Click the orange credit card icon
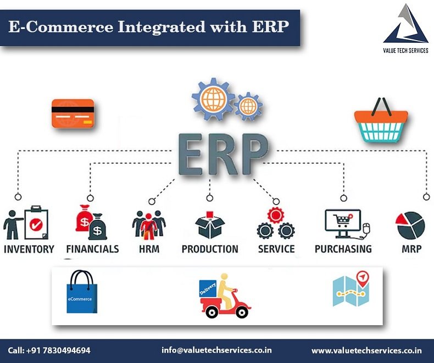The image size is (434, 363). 73,114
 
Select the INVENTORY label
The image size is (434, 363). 29,249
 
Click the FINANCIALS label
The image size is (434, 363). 92,249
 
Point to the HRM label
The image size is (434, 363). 149,249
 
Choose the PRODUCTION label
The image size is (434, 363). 210,249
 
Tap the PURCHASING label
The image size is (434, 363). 343,249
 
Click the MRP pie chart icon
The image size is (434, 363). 410,225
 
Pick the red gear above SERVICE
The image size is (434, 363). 275,215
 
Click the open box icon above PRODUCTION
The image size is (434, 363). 210,225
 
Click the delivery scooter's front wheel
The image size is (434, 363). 242,313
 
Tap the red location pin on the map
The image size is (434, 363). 363,277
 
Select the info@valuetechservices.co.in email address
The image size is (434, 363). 216,350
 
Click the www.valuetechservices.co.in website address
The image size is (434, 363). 367,350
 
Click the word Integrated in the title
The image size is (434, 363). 162,27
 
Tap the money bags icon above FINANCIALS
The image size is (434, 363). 91,223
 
